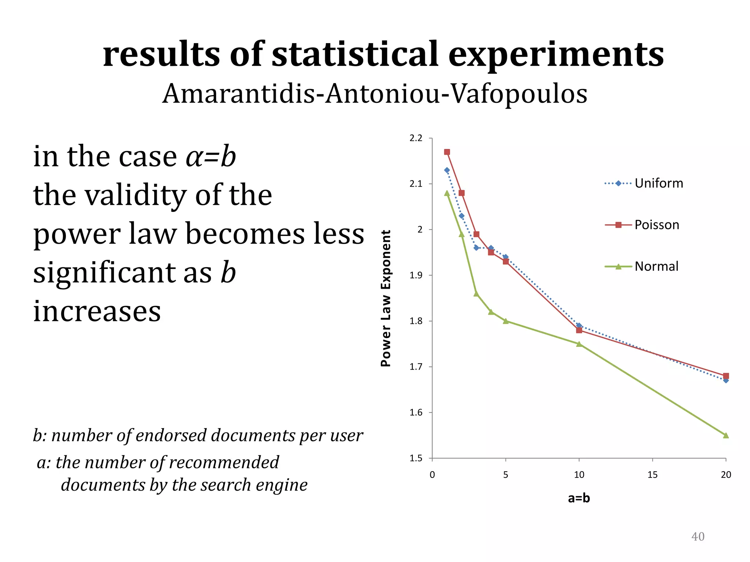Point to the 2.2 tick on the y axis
click(416, 138)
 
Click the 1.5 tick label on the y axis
click(416, 458)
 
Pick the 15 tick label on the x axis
click(652, 475)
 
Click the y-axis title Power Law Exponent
click(386, 298)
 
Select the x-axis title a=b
click(579, 498)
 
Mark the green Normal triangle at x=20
click(726, 435)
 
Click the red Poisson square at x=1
click(447, 152)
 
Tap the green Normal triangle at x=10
click(579, 344)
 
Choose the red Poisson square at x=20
click(726, 376)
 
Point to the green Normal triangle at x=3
click(476, 293)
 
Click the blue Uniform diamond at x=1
click(447, 170)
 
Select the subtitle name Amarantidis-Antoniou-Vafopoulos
click(375, 94)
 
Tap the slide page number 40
click(698, 536)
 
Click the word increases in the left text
click(97, 311)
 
